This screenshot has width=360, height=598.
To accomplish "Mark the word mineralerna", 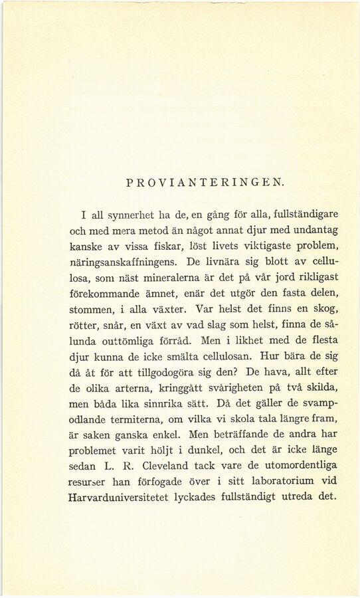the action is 155,277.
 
